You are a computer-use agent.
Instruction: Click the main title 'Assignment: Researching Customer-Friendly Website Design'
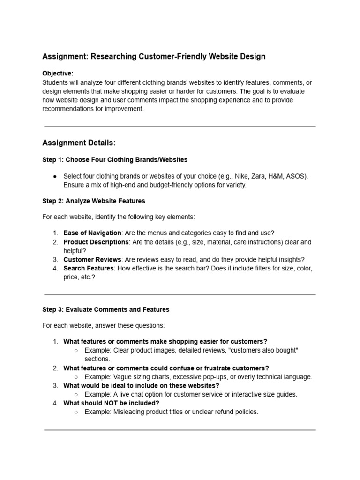coord(154,57)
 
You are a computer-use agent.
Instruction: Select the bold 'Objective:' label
coord(58,74)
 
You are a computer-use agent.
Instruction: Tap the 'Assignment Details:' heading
coord(79,142)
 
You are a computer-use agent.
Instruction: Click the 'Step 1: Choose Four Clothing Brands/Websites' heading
coord(115,160)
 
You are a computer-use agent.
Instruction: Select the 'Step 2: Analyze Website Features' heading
coord(94,201)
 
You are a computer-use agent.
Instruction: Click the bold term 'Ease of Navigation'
coord(92,233)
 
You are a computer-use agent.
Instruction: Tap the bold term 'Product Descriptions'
coord(96,242)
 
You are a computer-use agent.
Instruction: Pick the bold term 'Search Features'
coord(89,269)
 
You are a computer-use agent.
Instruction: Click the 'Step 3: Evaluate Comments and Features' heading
coord(106,309)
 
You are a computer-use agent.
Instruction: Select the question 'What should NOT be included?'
coord(112,403)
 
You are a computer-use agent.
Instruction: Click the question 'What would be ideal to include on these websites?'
coord(142,386)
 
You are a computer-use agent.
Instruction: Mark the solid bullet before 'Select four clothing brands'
coord(55,176)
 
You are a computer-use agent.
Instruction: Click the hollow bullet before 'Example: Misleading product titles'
coord(76,412)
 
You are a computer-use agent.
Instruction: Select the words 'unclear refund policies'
coord(223,412)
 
